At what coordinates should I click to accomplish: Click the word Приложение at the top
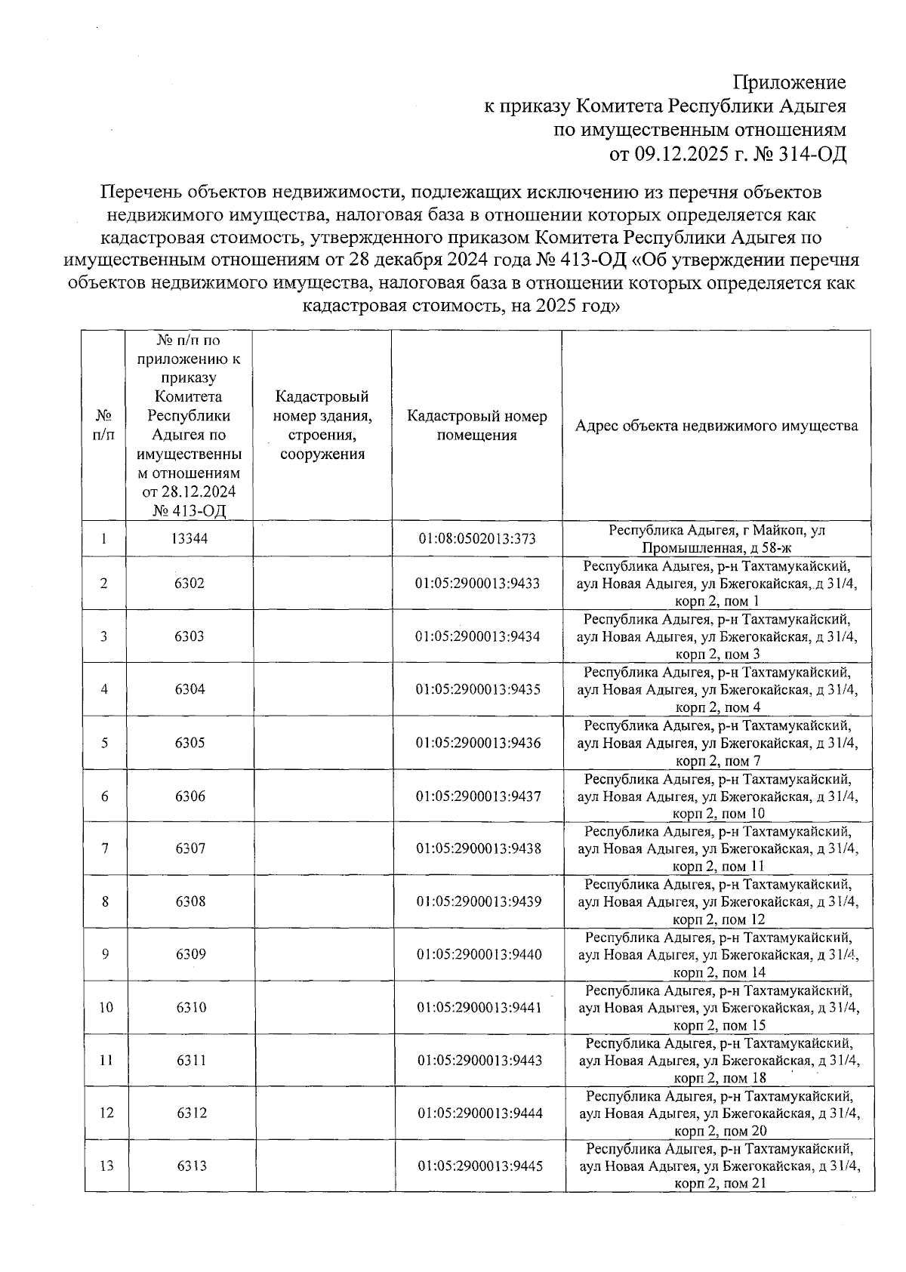[790, 82]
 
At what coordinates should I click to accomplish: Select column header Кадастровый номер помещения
[477, 426]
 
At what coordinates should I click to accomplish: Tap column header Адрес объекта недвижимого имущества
[716, 426]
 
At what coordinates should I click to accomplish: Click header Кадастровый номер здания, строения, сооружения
[322, 426]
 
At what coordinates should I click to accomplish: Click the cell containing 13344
[190, 539]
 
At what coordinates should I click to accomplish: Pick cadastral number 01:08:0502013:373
[477, 539]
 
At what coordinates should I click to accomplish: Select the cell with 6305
[190, 743]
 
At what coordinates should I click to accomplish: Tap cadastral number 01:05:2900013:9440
[479, 955]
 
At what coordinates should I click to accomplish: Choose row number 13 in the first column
[106, 1166]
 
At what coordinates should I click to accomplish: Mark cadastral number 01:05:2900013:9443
[479, 1061]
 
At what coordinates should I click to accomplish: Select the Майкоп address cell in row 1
[716, 539]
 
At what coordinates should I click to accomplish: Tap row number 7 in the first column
[105, 849]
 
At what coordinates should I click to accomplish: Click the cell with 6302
[190, 584]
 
